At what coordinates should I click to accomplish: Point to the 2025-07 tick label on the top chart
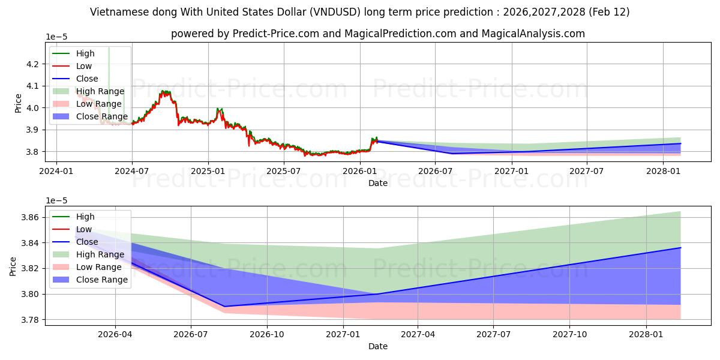click(x=284, y=171)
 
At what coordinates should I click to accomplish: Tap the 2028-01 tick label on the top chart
click(x=663, y=171)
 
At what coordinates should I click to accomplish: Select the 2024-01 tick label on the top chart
click(x=56, y=171)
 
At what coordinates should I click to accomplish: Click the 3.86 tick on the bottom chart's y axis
click(x=30, y=217)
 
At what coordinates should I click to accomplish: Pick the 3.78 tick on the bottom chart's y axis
click(x=30, y=320)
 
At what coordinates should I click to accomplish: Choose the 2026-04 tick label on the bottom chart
click(x=115, y=334)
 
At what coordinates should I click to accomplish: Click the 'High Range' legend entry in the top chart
click(x=100, y=91)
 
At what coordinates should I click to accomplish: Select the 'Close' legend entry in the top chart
click(x=87, y=79)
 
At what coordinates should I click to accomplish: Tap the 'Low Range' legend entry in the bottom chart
click(x=98, y=267)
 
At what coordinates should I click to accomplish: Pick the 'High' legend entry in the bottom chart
click(x=85, y=217)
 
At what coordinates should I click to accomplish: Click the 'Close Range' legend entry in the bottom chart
click(x=101, y=280)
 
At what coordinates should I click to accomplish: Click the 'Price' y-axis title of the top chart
click(x=18, y=103)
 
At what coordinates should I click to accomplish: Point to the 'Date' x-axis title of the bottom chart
click(x=378, y=346)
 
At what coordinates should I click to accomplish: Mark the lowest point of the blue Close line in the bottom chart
click(x=224, y=307)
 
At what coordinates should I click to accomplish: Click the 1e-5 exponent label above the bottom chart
click(x=58, y=200)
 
